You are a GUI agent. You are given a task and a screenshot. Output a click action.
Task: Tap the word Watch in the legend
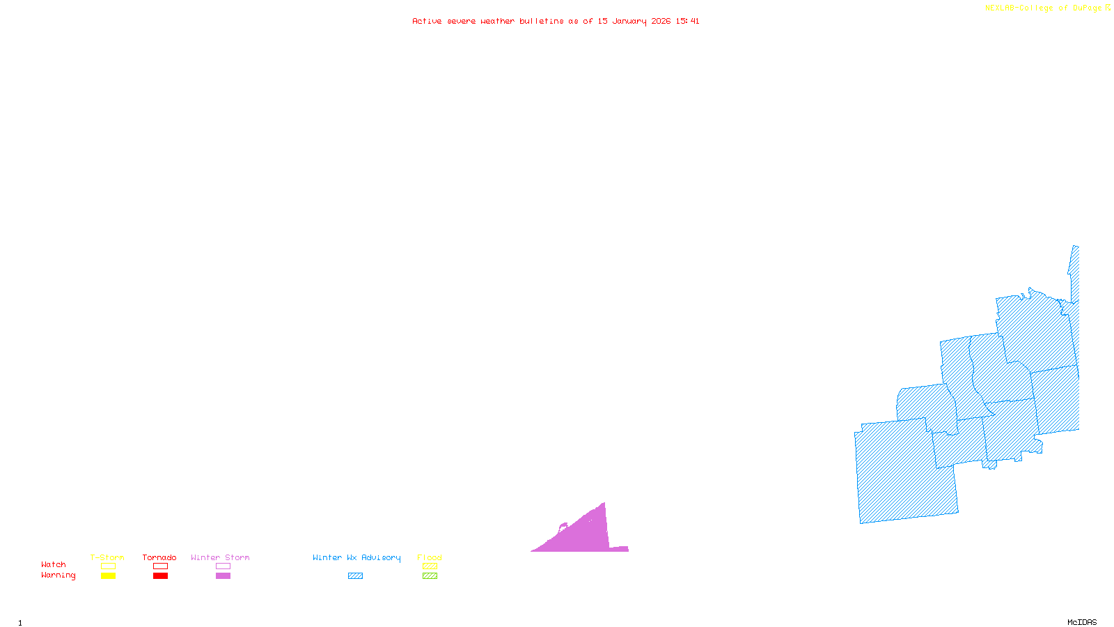54,565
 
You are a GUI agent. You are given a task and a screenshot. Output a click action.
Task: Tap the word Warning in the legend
58,575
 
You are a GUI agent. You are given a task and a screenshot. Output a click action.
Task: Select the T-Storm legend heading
107,557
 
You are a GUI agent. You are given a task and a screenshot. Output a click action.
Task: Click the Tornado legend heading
159,557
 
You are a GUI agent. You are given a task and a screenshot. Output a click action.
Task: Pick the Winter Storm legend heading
220,557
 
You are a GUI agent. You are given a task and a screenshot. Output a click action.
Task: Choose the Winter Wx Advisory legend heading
356,557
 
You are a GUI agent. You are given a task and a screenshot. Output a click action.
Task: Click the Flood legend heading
430,557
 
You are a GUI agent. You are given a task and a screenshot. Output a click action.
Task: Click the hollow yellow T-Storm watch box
108,566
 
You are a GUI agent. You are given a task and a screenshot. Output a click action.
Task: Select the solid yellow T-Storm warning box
108,576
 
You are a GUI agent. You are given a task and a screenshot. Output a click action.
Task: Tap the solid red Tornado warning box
161,576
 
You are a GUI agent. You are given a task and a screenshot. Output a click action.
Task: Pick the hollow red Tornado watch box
161,566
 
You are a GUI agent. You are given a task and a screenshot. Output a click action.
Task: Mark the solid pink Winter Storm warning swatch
223,576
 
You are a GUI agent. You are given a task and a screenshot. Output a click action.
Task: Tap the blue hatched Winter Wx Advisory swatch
355,576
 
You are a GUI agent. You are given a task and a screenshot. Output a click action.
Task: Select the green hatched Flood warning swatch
430,576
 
